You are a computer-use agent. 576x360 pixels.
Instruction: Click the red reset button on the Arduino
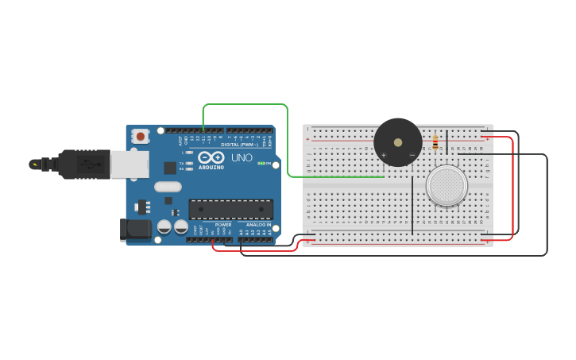[141, 136]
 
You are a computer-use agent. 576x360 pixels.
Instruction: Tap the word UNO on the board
[242, 158]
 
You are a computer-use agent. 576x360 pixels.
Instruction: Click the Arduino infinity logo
[211, 157]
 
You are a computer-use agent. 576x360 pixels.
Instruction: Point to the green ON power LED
[261, 163]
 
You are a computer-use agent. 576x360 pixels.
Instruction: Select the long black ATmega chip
[230, 209]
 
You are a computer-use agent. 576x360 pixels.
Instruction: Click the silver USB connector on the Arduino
[129, 165]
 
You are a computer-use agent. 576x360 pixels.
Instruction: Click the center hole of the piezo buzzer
[397, 142]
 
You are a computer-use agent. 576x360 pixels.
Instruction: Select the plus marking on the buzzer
[384, 154]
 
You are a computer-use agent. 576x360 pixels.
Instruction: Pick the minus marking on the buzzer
[412, 154]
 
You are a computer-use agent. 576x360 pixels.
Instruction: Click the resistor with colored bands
[435, 143]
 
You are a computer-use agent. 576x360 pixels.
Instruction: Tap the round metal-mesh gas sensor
[446, 185]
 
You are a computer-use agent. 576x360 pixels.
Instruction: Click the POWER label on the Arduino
[223, 225]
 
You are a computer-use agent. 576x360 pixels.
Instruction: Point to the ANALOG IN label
[258, 225]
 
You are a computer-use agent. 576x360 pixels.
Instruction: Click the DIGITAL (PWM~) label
[238, 145]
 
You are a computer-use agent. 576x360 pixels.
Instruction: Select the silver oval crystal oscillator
[168, 187]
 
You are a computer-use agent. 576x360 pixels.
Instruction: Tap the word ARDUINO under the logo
[211, 167]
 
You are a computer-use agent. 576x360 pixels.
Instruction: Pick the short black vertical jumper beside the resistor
[446, 142]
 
